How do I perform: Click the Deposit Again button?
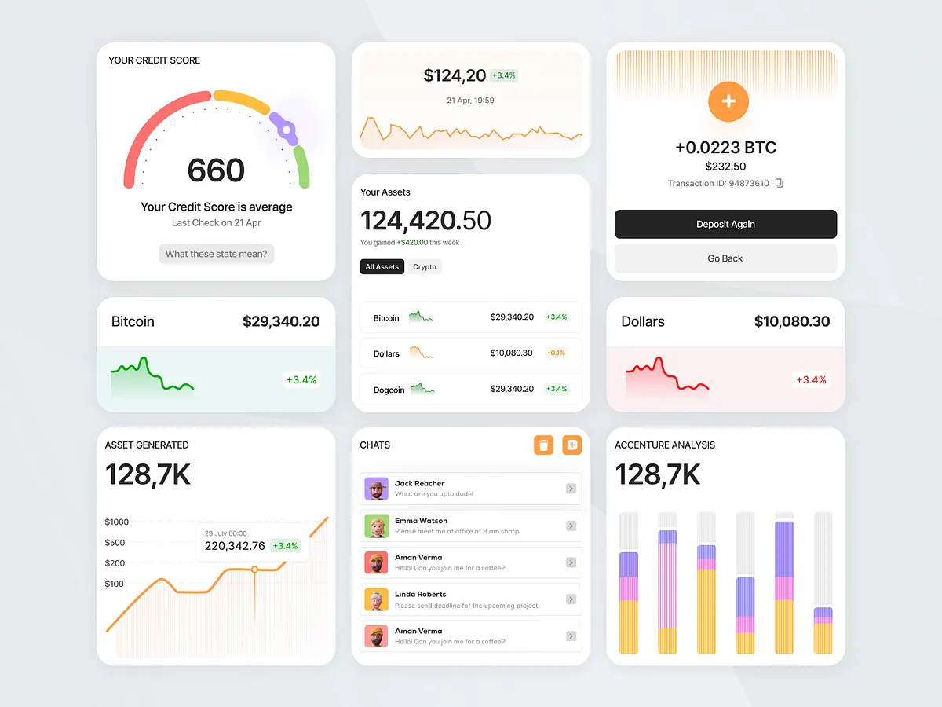tap(725, 225)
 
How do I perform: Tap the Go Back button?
tap(725, 258)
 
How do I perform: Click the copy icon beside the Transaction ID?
tap(780, 184)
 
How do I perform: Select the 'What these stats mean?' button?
tap(217, 255)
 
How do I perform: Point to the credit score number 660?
tap(216, 170)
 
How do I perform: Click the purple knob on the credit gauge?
tap(287, 130)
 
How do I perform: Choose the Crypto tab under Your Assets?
tap(425, 267)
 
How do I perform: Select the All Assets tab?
tap(382, 267)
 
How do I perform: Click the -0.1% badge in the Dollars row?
tap(557, 353)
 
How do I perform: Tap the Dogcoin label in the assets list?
tap(389, 390)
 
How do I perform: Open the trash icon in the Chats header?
tap(543, 445)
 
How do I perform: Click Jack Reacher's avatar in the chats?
tap(377, 489)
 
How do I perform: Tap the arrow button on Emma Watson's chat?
tap(571, 526)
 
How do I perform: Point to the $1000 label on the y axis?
tap(117, 522)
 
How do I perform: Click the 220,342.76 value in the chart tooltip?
tap(235, 546)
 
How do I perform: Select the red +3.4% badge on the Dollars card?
tap(812, 380)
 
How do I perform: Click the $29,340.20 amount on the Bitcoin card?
tap(281, 321)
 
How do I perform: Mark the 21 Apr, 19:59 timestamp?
tap(470, 101)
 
